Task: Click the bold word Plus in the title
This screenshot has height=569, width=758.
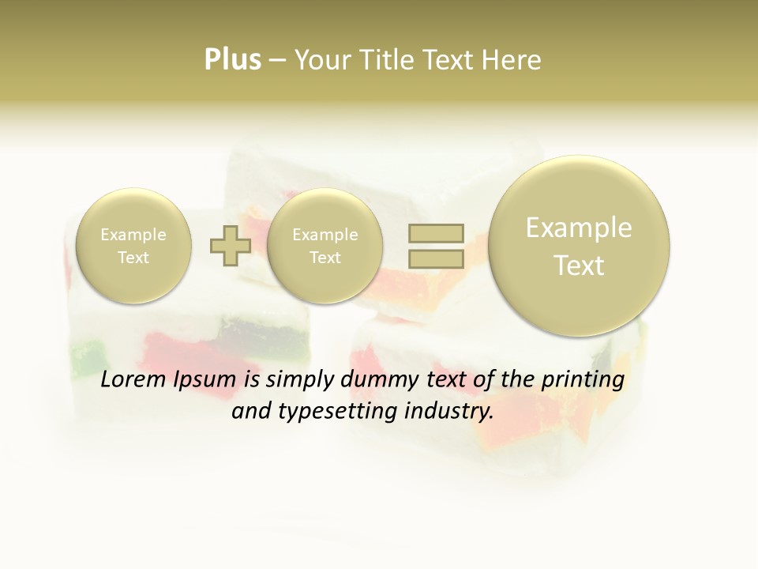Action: (x=232, y=60)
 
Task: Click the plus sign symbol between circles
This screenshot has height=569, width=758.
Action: (x=230, y=246)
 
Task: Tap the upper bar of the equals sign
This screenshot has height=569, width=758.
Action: (x=436, y=232)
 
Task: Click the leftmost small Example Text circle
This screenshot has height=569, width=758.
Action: (x=133, y=246)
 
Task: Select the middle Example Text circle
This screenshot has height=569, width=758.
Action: (x=325, y=246)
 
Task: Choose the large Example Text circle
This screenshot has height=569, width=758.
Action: (x=579, y=246)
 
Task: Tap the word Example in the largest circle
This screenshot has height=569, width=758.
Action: (x=579, y=228)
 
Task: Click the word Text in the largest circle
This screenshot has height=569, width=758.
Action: (x=579, y=266)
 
